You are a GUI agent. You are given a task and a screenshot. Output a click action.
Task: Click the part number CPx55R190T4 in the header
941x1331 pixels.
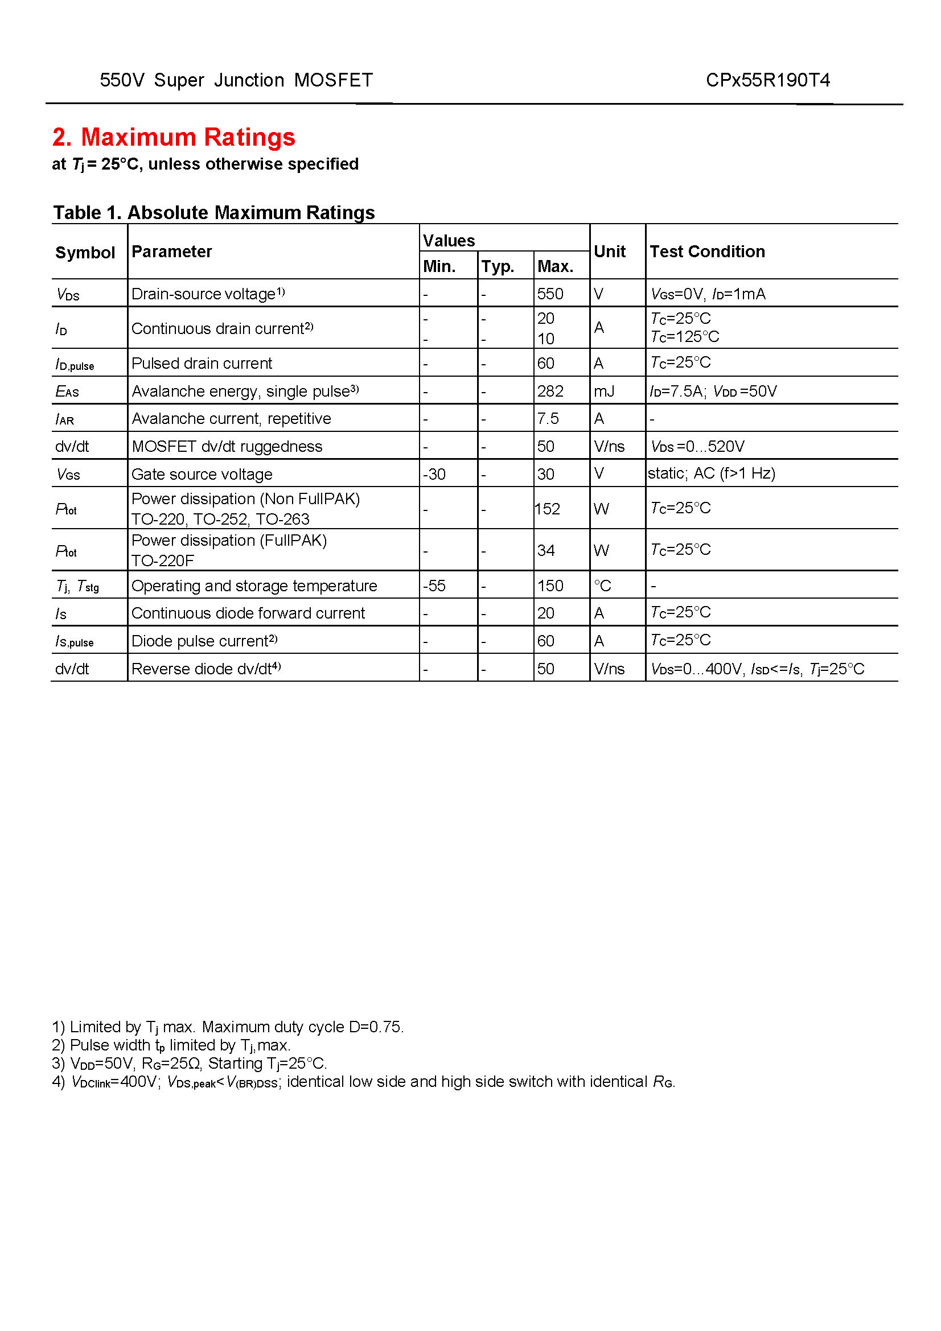767,80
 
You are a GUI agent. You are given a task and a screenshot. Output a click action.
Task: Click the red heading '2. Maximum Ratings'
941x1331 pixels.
174,137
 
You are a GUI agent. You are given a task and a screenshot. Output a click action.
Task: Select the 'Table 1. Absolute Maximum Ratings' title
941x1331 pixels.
213,213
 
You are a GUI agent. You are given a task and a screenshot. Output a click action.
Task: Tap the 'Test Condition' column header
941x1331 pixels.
707,252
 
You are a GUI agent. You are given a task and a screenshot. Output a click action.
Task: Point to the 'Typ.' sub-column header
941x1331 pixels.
498,267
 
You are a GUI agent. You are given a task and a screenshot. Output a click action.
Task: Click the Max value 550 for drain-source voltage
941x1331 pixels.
550,294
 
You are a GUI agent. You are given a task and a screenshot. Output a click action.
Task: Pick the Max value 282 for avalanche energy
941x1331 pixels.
550,392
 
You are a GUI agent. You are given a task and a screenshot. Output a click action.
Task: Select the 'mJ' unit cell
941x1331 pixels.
603,392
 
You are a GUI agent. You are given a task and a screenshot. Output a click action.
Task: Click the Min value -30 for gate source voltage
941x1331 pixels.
434,474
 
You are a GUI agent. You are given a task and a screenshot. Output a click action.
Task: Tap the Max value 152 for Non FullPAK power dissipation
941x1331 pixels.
547,509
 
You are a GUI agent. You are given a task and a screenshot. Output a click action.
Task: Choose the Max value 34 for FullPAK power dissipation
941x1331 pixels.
545,550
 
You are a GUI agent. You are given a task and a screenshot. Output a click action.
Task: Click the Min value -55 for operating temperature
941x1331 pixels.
434,586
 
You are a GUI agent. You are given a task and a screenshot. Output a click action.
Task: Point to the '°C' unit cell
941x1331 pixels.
602,586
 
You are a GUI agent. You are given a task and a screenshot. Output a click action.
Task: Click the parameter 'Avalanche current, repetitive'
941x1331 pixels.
231,419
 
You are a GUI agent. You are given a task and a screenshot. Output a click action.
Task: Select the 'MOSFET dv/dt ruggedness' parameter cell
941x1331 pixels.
227,446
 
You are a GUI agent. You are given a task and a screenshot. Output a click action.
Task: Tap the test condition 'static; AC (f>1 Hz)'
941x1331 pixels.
712,473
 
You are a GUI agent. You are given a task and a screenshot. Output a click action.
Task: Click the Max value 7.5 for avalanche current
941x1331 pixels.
547,419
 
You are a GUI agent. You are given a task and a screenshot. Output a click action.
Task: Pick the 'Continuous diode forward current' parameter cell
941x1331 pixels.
248,613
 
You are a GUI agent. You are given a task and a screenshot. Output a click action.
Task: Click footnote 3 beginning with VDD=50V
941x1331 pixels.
190,1063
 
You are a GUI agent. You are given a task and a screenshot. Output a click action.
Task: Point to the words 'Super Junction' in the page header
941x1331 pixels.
219,80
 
